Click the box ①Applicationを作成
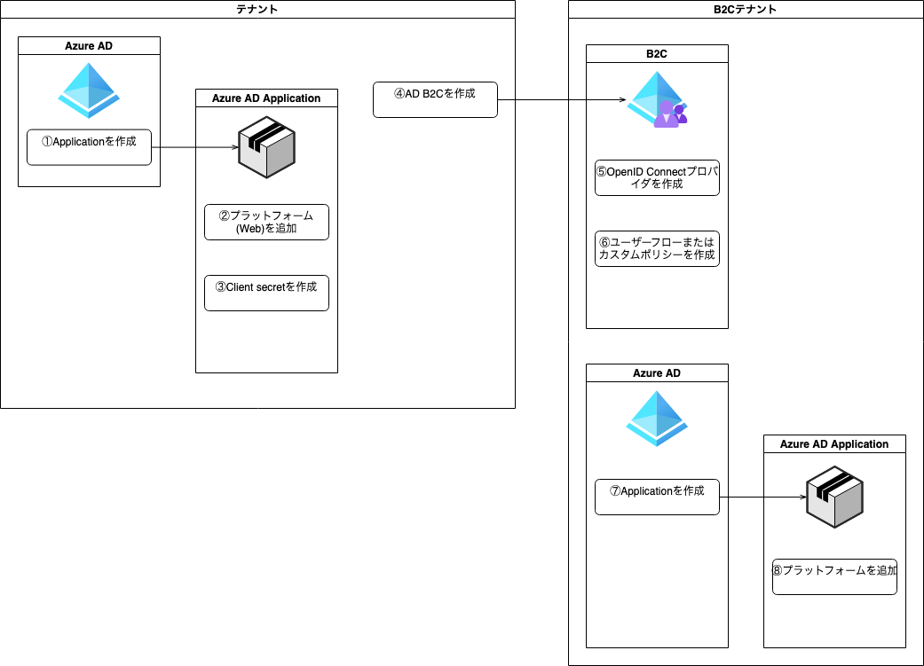[89, 146]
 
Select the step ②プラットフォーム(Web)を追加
[266, 222]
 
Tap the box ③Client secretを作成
[266, 293]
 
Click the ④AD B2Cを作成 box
[435, 99]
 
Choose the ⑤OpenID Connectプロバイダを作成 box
[657, 177]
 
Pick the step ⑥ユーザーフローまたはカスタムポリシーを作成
[657, 248]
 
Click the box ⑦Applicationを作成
[657, 497]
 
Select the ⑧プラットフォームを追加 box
[834, 576]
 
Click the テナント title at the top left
[257, 9]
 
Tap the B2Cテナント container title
[746, 9]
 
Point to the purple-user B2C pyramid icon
[658, 99]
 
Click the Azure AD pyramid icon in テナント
[89, 90]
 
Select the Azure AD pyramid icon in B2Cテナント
[657, 419]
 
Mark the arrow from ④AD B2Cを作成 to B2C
[559, 100]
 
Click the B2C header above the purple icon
[657, 54]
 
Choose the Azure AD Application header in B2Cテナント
[834, 444]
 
